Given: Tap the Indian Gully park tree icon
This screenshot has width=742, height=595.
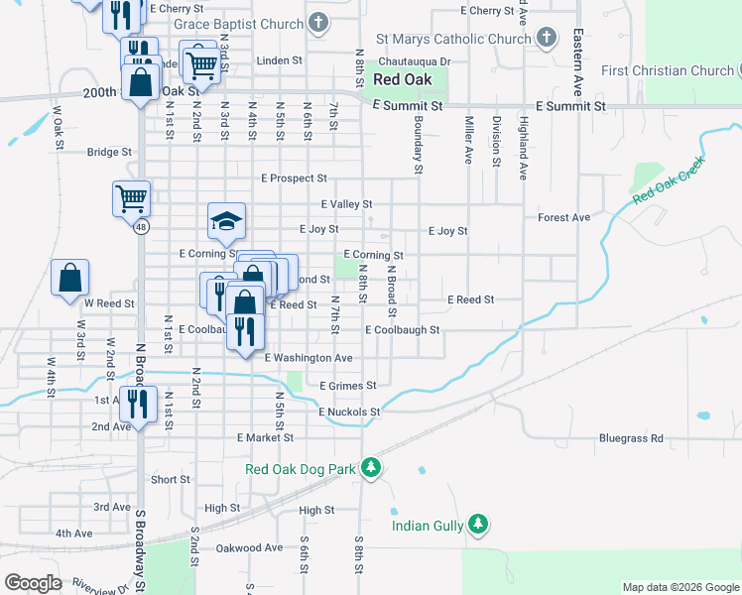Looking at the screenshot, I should click(478, 525).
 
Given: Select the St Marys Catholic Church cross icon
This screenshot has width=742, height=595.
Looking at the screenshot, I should click(546, 39).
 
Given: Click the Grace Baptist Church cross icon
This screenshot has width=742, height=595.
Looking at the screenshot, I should click(317, 22).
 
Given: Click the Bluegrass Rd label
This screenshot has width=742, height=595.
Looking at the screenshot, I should click(631, 437).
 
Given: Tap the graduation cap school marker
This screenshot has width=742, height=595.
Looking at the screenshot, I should click(226, 221).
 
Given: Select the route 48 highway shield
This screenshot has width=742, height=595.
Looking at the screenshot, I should click(142, 227).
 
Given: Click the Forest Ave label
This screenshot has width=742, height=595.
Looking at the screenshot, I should click(563, 217).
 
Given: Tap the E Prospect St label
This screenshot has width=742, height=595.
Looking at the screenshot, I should click(294, 178).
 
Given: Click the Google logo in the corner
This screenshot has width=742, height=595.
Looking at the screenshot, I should click(33, 583).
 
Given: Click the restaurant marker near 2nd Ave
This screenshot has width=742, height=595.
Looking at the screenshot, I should click(138, 403).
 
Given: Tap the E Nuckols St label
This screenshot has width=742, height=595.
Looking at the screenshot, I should click(349, 412).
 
